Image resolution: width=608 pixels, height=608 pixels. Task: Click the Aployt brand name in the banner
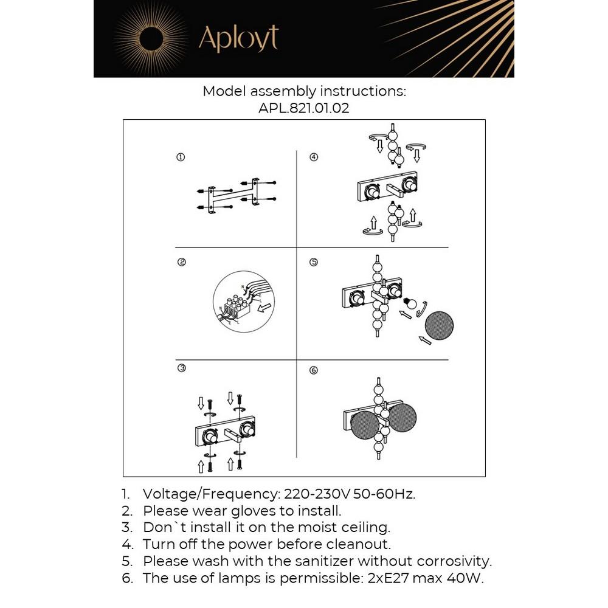[x=238, y=39]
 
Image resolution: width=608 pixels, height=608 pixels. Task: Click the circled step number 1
[x=181, y=157]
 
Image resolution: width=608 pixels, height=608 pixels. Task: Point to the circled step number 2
[x=181, y=263]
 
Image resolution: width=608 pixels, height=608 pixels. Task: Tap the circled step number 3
[x=181, y=368]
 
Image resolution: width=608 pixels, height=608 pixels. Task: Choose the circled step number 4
[x=314, y=157]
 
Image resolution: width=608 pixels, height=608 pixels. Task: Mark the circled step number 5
[x=314, y=263]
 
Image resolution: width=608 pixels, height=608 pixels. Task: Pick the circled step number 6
[x=314, y=370]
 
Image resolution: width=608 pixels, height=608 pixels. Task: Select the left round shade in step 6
[x=365, y=421]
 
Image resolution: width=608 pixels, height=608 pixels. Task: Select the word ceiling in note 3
[x=364, y=527]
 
